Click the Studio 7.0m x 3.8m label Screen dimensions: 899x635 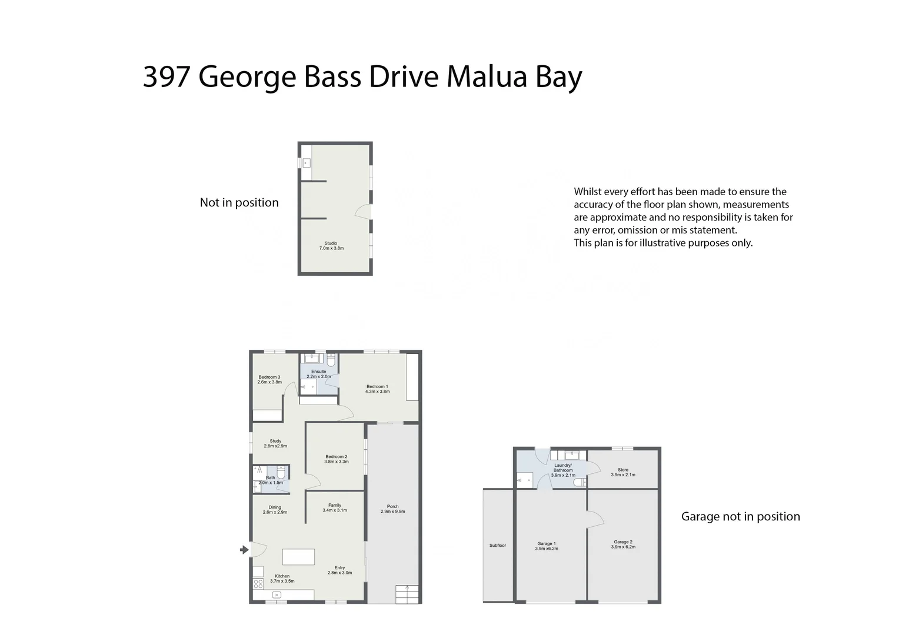[x=331, y=246]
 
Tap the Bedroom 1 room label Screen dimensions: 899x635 [x=377, y=389]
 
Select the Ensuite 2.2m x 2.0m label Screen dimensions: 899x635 [x=319, y=374]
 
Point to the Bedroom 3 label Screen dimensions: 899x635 [x=269, y=379]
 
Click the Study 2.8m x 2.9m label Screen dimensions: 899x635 [x=275, y=443]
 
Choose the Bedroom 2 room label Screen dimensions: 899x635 [x=337, y=459]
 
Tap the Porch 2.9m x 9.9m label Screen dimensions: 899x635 [x=392, y=509]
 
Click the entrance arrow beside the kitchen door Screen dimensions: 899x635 [x=244, y=550]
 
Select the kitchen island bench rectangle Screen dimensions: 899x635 [x=298, y=557]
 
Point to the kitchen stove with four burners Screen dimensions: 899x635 [x=258, y=584]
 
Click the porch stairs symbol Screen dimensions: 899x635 [x=407, y=594]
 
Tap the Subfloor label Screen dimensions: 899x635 [x=498, y=546]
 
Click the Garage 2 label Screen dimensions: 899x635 [x=623, y=544]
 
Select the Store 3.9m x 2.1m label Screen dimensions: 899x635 [x=623, y=472]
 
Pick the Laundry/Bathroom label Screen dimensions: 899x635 [x=562, y=470]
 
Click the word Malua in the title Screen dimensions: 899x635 [x=487, y=76]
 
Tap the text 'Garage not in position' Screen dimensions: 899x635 [x=741, y=516]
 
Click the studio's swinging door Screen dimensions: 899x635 [x=364, y=212]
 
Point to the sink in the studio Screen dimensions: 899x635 [x=307, y=163]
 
